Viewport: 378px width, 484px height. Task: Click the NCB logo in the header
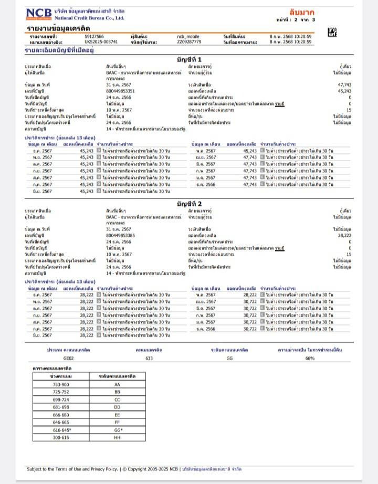pyautogui.click(x=38, y=14)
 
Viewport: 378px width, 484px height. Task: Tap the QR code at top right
pyautogui.click(x=332, y=33)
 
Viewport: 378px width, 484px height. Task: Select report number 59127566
pyautogui.click(x=94, y=36)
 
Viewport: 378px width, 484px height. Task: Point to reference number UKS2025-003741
pyautogui.click(x=101, y=41)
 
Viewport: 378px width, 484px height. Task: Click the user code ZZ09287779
pyautogui.click(x=189, y=41)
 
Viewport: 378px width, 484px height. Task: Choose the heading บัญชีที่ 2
pyautogui.click(x=189, y=203)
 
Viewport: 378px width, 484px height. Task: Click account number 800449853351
pyautogui.click(x=120, y=91)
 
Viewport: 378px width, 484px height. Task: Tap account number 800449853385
pyautogui.click(x=120, y=236)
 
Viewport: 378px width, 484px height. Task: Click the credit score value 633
pyautogui.click(x=149, y=358)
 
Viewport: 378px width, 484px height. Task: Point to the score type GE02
pyautogui.click(x=69, y=358)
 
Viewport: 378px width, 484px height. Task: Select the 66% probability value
pyautogui.click(x=310, y=358)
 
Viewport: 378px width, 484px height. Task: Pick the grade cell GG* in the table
pyautogui.click(x=117, y=430)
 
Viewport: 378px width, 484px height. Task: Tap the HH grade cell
pyautogui.click(x=117, y=437)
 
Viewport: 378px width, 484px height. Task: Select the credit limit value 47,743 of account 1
pyautogui.click(x=344, y=85)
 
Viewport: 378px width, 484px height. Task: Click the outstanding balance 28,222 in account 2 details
pyautogui.click(x=344, y=236)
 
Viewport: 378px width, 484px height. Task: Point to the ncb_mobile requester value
pyautogui.click(x=189, y=36)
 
